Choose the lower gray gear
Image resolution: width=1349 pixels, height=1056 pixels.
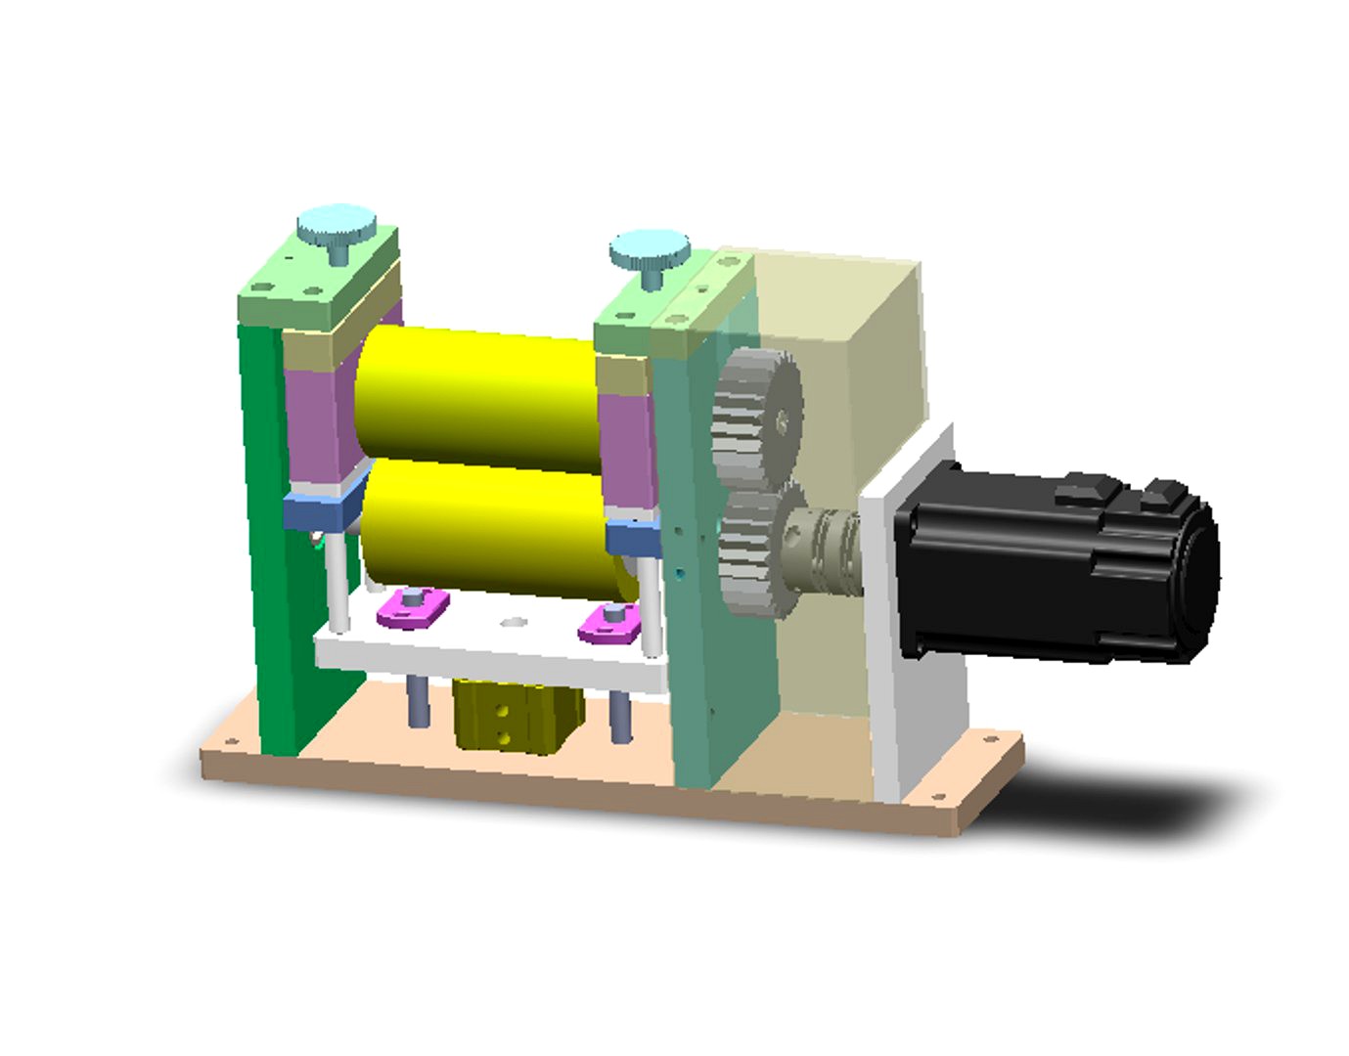pyautogui.click(x=753, y=552)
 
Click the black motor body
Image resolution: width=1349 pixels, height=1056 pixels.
pyautogui.click(x=1057, y=567)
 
